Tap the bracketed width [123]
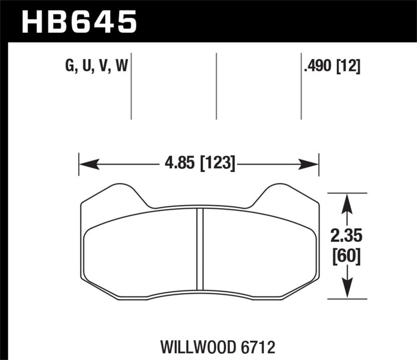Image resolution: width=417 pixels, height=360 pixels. click(x=215, y=165)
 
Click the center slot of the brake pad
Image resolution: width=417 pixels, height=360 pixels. click(x=199, y=249)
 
